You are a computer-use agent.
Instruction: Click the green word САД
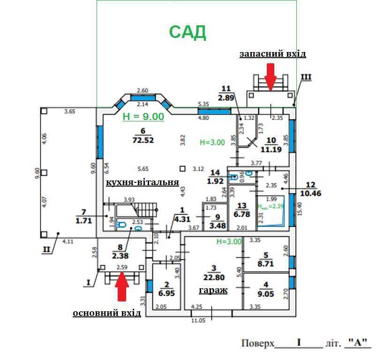click(x=188, y=32)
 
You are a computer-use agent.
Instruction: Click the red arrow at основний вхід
click(x=122, y=286)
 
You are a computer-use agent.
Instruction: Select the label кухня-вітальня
click(x=143, y=182)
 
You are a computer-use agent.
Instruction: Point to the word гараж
click(x=213, y=290)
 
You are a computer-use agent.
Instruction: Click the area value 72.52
click(x=143, y=140)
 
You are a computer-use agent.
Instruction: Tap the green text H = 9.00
click(x=143, y=117)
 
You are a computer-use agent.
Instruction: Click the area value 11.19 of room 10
click(x=271, y=150)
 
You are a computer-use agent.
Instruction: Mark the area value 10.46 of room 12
click(x=310, y=193)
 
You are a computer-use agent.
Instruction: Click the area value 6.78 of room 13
click(x=242, y=214)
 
